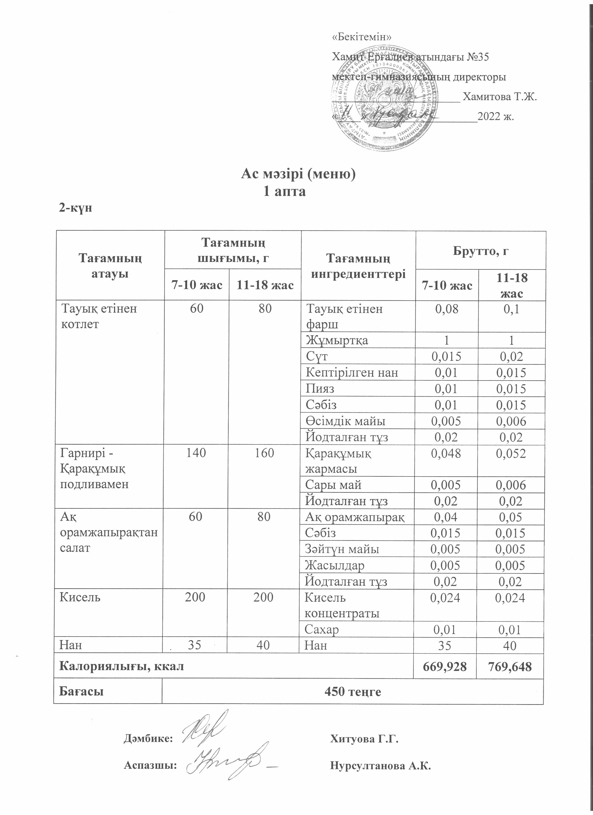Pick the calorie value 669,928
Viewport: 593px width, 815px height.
445,667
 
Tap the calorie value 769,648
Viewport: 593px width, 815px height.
510,667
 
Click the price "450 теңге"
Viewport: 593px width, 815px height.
352,691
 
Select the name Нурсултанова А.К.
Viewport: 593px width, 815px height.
380,766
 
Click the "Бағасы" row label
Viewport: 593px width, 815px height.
81,691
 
